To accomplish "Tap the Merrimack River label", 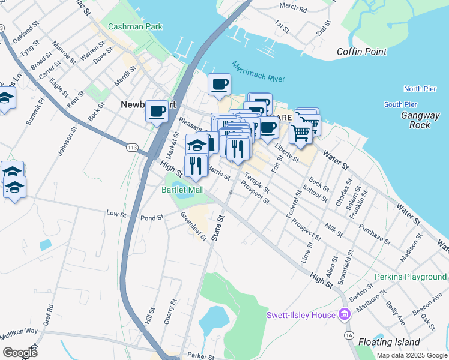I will [x=258, y=71].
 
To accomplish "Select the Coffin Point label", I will [x=361, y=52].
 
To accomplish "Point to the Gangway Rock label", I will [x=415, y=120].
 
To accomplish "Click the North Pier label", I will [x=420, y=89].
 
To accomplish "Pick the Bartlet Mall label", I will [x=183, y=190].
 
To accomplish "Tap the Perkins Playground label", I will [x=410, y=277].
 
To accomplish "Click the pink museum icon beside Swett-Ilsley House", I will [x=344, y=314].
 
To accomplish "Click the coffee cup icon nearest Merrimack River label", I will [x=219, y=85].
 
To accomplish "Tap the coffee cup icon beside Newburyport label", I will [x=157, y=112].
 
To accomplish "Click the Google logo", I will [x=20, y=352].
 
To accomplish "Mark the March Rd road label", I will [x=293, y=7].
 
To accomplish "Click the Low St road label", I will [x=115, y=213].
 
